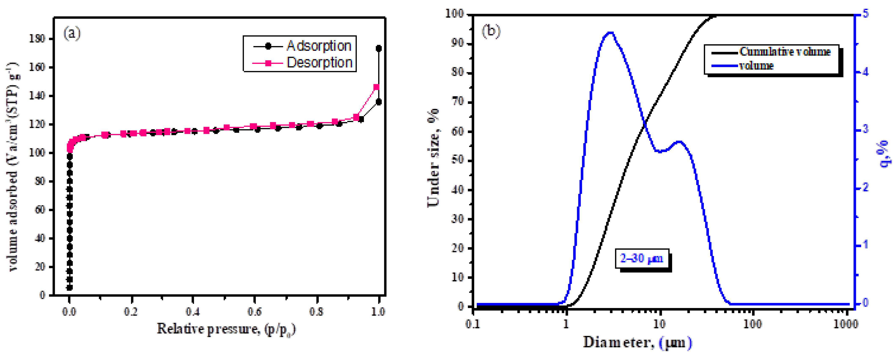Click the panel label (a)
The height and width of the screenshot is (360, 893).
tap(72, 34)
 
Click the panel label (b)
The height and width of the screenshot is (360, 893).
tap(491, 32)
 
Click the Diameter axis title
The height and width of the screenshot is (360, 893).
tap(637, 342)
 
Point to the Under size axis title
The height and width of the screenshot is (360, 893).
tap(433, 158)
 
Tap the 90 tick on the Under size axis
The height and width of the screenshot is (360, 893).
tap(458, 44)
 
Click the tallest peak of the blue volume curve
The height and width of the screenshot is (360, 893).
tap(611, 33)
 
